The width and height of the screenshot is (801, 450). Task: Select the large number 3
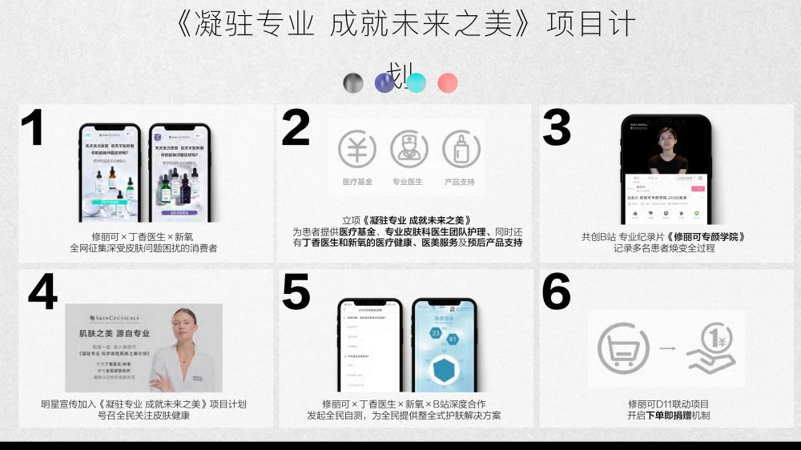click(x=557, y=127)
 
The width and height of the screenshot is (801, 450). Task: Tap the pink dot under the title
click(x=448, y=82)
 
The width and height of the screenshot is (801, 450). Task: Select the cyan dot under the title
click(x=416, y=82)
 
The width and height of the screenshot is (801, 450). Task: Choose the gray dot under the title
click(x=353, y=82)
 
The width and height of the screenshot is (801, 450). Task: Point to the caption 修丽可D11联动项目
click(x=667, y=404)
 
